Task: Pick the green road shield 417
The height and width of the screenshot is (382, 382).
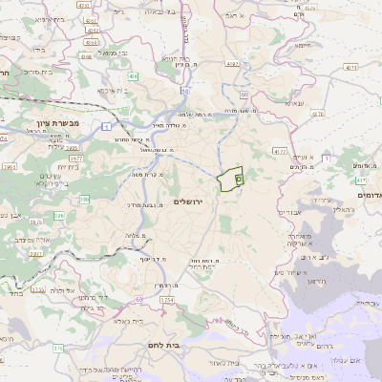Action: pos(361,180)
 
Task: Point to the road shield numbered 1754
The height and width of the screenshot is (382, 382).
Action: pos(167,300)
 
